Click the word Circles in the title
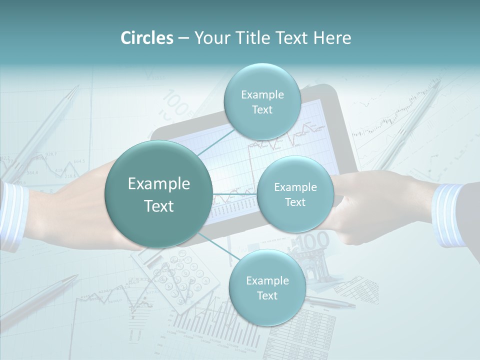click(147, 38)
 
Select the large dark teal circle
click(159, 194)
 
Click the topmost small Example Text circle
click(262, 101)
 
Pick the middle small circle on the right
click(295, 194)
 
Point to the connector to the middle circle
click(235, 194)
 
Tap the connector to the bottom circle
click(215, 246)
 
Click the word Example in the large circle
click(159, 184)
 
